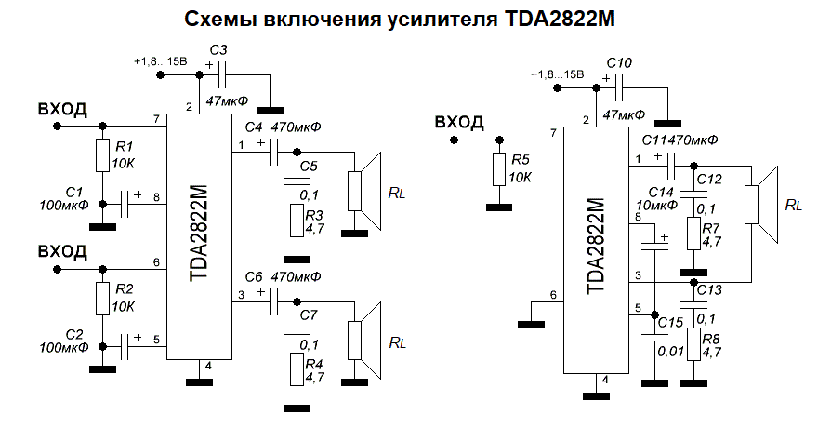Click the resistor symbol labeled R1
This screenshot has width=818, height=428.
[102, 155]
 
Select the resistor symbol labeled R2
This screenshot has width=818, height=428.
[102, 299]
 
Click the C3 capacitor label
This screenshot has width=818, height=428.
[220, 48]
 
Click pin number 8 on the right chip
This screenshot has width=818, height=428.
[638, 218]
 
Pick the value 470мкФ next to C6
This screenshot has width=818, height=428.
[296, 276]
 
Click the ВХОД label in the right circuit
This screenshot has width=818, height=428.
[459, 122]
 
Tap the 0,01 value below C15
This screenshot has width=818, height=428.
[669, 351]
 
